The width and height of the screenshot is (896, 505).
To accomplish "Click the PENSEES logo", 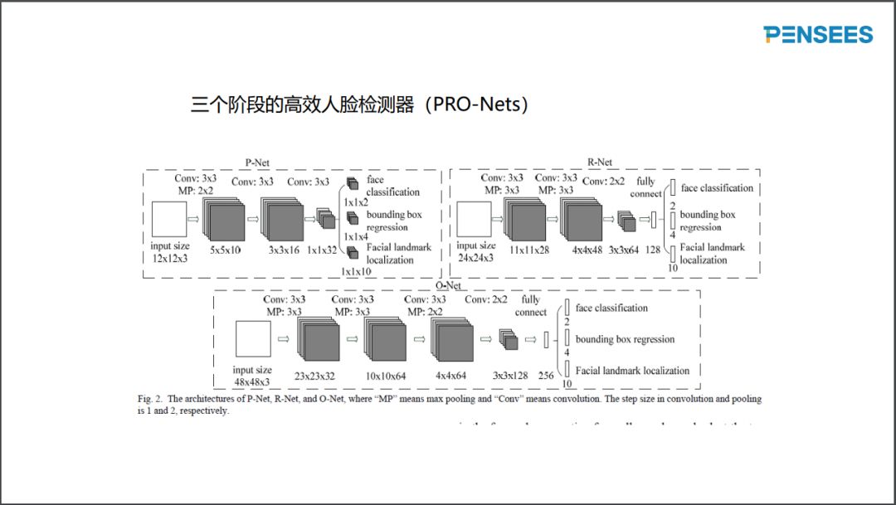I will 818,34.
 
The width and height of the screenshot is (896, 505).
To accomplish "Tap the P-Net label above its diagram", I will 256,163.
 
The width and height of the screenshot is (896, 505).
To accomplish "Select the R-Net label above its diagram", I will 600,163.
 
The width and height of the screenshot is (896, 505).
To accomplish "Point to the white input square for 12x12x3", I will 170,220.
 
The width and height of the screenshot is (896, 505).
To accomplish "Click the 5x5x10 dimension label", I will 226,250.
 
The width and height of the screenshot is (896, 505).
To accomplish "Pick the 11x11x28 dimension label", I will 528,250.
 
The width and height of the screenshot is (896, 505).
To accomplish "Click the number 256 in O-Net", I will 546,375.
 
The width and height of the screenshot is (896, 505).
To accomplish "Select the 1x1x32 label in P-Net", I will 323,250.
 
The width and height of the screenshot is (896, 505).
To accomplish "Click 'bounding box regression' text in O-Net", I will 625,339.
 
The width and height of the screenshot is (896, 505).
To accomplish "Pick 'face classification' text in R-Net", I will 717,188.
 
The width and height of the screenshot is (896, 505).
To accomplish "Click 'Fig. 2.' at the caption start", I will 149,399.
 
